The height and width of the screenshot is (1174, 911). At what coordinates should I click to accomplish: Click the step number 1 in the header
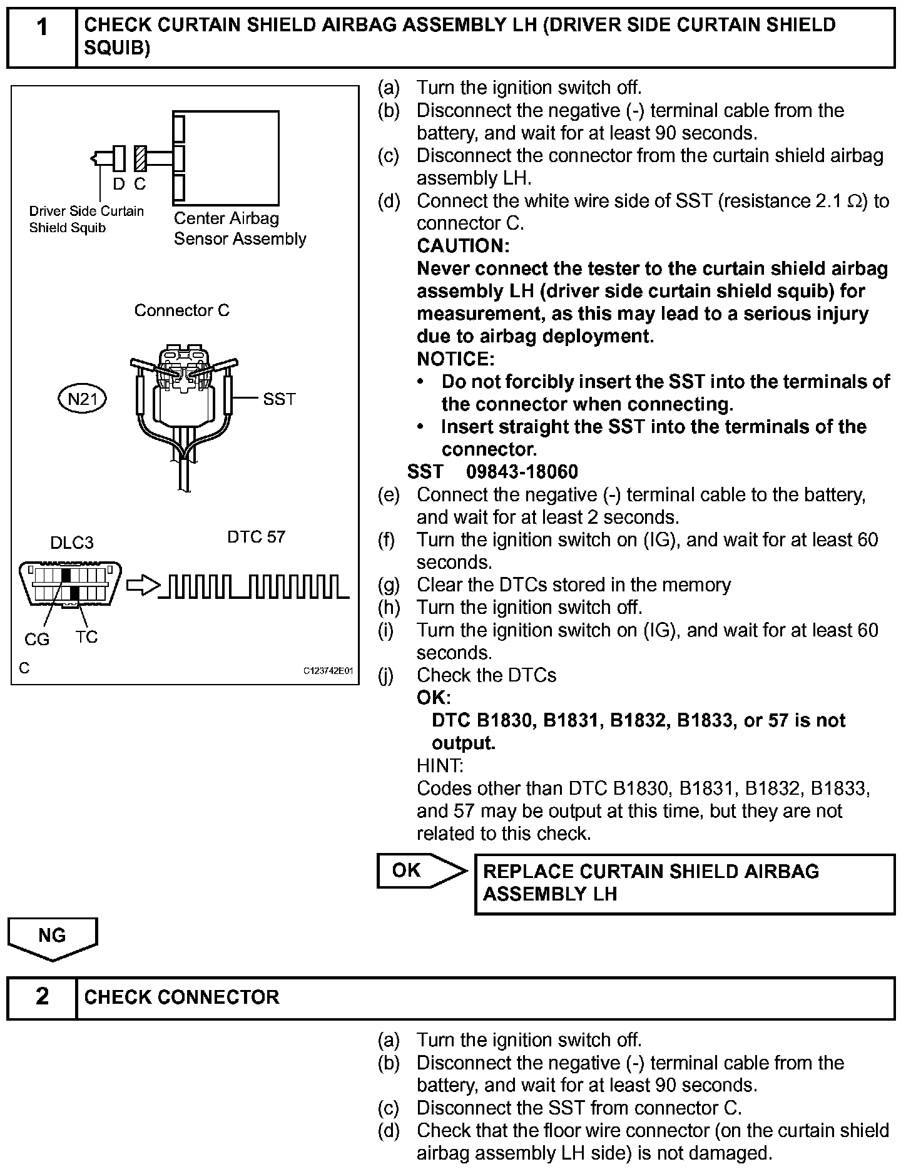click(x=41, y=28)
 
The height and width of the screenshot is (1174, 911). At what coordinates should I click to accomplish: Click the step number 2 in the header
click(x=41, y=996)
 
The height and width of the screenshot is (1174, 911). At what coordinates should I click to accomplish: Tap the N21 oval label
click(x=82, y=399)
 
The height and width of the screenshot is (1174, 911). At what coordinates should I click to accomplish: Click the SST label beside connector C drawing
click(x=279, y=399)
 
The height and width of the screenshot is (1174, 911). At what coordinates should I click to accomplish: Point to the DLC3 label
click(x=72, y=543)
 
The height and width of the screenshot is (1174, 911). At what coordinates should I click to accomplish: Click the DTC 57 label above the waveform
click(x=256, y=537)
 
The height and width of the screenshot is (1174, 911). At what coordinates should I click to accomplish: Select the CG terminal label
click(x=37, y=640)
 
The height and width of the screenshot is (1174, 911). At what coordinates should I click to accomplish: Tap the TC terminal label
click(x=86, y=637)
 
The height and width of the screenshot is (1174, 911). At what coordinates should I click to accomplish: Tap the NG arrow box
click(x=53, y=937)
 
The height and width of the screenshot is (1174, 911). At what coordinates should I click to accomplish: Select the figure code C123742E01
click(x=328, y=671)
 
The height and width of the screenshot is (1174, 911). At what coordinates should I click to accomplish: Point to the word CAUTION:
click(x=463, y=246)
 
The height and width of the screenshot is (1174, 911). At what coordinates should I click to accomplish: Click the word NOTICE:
click(x=455, y=359)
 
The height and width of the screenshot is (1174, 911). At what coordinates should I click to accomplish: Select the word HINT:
click(x=440, y=765)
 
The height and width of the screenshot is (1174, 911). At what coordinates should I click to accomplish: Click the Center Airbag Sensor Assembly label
click(x=240, y=228)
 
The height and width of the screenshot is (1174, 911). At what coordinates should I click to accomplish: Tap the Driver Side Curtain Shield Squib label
click(x=86, y=220)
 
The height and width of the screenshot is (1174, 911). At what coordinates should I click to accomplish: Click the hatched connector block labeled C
click(x=140, y=159)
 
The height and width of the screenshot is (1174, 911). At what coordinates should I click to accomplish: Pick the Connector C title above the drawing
click(x=182, y=310)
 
